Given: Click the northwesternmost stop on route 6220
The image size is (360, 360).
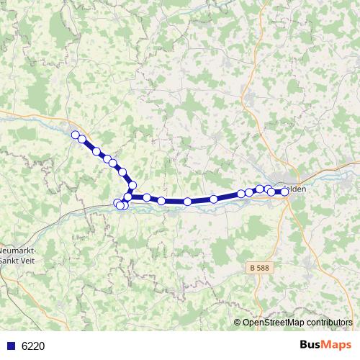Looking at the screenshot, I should pyautogui.click(x=75, y=134).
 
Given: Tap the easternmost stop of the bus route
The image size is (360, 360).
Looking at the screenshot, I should pyautogui.click(x=285, y=192).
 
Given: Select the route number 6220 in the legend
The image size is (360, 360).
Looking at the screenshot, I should pyautogui.click(x=33, y=346).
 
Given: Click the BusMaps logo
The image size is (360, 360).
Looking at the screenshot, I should pyautogui.click(x=325, y=345).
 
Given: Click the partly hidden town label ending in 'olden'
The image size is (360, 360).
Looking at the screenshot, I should pyautogui.click(x=297, y=189).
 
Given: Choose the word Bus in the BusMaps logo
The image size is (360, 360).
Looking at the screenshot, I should pyautogui.click(x=312, y=345).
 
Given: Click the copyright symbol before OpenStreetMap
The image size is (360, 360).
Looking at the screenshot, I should pyautogui.click(x=238, y=322).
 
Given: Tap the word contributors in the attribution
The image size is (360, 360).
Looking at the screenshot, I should pyautogui.click(x=329, y=322).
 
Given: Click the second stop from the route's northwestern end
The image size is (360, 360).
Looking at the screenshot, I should pyautogui.click(x=82, y=139).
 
